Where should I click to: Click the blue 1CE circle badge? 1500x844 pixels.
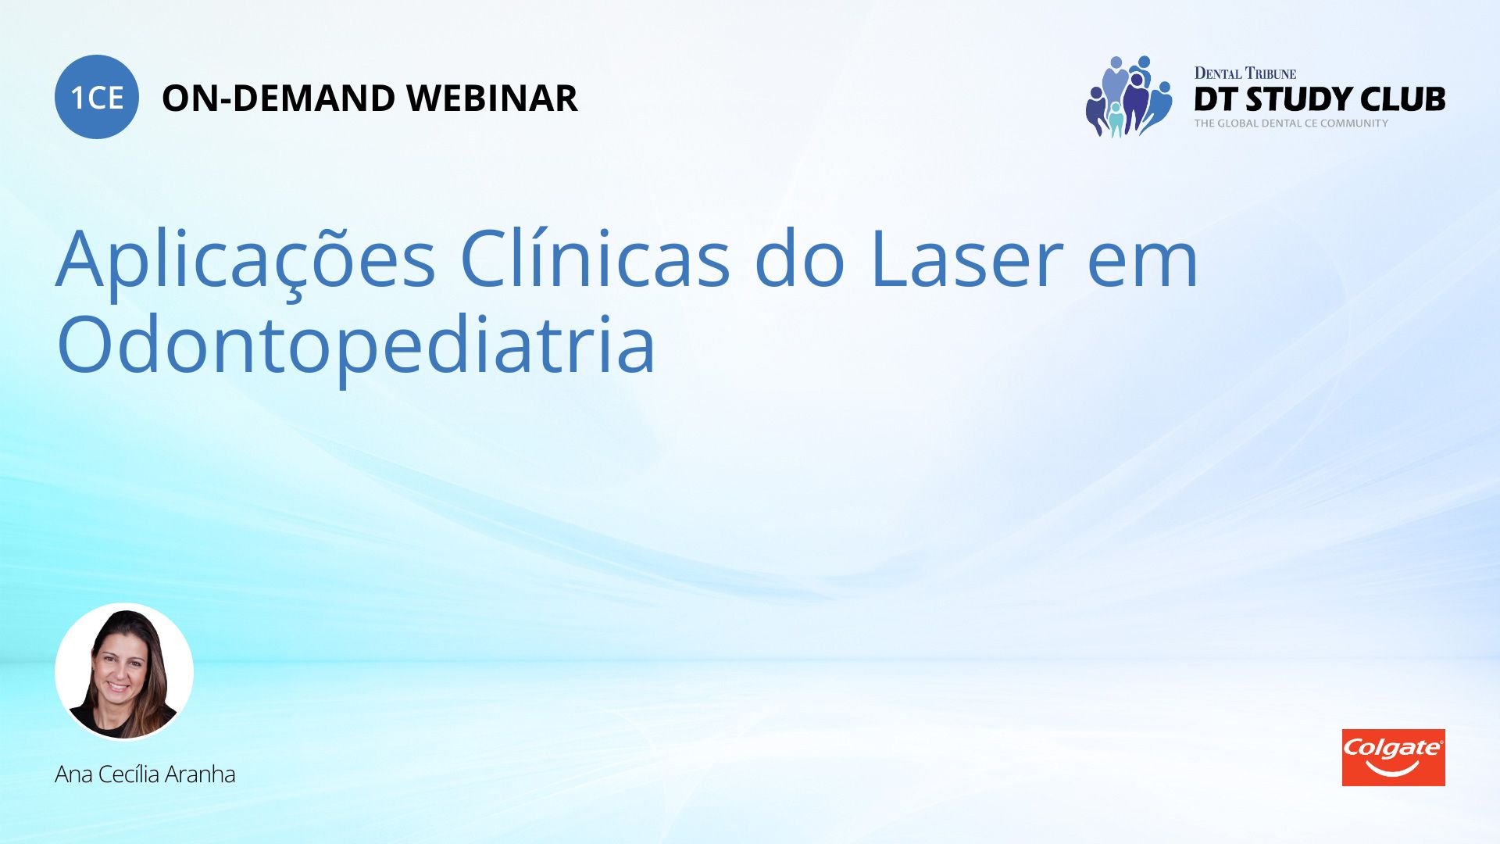click(x=97, y=97)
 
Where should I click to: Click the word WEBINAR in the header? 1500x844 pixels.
click(x=492, y=98)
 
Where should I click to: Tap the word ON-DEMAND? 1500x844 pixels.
click(x=279, y=98)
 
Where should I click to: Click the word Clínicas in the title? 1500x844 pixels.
click(x=595, y=258)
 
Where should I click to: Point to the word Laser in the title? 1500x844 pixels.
click(x=966, y=259)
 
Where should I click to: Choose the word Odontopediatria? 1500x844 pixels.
click(x=356, y=344)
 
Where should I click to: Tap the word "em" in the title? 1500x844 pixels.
click(x=1142, y=266)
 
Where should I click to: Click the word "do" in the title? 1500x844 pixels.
click(x=799, y=258)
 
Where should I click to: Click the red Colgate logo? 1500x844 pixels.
click(x=1393, y=757)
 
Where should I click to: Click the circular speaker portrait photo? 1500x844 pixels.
click(x=124, y=671)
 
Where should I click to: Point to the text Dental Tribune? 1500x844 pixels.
click(x=1245, y=73)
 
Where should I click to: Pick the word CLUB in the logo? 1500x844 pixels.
click(x=1402, y=99)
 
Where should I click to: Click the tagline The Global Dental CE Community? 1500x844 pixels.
click(x=1291, y=123)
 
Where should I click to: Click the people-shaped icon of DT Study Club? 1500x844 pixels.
click(x=1129, y=97)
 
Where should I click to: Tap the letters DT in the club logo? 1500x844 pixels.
click(x=1216, y=99)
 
